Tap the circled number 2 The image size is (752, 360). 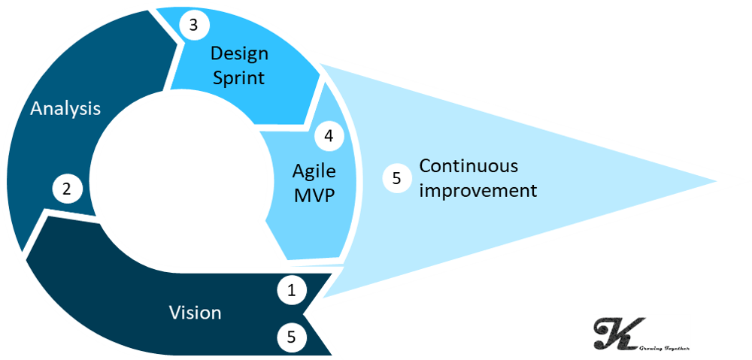tap(67, 189)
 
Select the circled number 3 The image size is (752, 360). tap(193, 25)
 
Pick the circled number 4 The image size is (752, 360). tap(329, 136)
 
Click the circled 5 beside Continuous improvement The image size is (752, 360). tap(396, 178)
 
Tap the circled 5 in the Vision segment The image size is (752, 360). tap(292, 337)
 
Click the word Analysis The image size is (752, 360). tap(65, 108)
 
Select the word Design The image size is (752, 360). tap(238, 54)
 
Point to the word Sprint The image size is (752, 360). tap(238, 77)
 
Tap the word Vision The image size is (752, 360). tap(195, 313)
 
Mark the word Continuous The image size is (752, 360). tap(468, 166)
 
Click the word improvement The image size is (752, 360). tap(478, 190)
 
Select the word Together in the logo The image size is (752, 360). tap(674, 346)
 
